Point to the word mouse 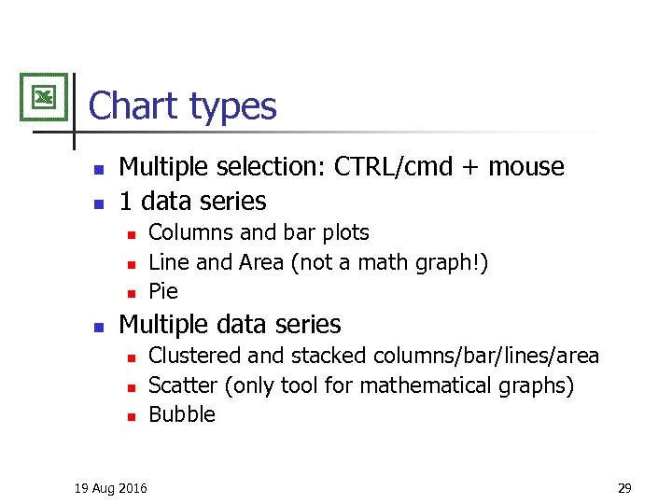click(526, 168)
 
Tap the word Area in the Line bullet click(260, 262)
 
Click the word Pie click(163, 292)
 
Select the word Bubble click(182, 414)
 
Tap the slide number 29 click(624, 487)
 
